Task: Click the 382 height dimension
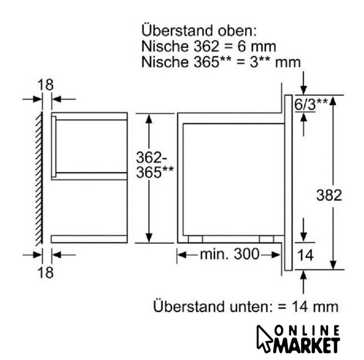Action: coord(329,195)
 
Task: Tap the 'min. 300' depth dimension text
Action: coord(229,254)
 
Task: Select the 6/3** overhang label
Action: coord(311,104)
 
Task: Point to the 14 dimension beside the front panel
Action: coord(305,255)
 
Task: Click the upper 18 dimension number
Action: coord(46,85)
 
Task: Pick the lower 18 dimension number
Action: coord(46,272)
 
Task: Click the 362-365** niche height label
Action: coord(154,165)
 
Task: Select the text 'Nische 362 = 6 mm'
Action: coord(209,46)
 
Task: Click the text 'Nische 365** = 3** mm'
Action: coord(221,62)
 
